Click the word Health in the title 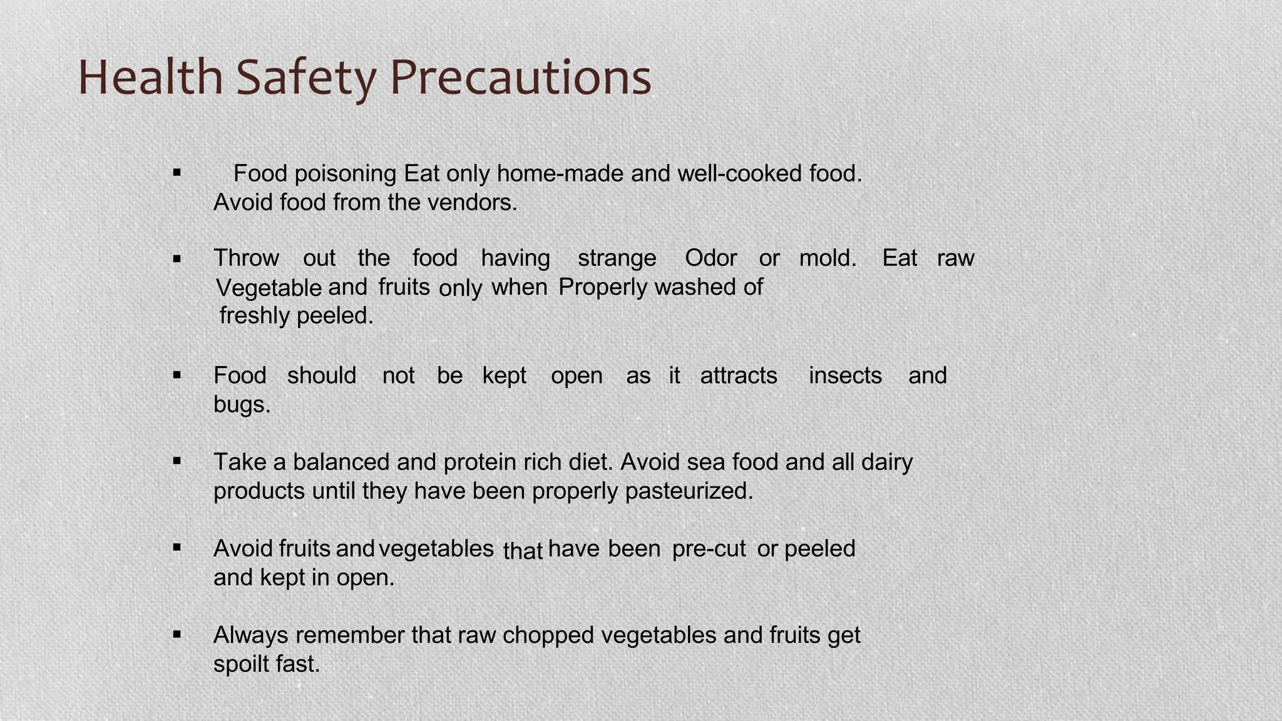150,78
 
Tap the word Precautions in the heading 520,78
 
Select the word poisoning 345,173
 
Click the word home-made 560,173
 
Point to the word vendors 472,203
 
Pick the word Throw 246,258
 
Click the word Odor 710,258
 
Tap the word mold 828,258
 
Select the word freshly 255,316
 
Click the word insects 845,376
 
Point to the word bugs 242,405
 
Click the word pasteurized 689,491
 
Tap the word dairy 886,462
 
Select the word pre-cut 709,549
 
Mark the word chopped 548,635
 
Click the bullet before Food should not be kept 177,376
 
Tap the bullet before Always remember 177,635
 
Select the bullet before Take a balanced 177,462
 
